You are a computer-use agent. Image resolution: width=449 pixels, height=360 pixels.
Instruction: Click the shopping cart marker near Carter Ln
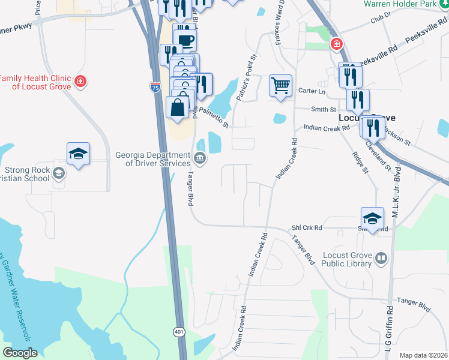280,86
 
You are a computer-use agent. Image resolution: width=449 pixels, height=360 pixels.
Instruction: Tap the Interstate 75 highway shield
155,87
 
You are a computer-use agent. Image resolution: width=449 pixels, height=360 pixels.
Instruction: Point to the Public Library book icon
381,259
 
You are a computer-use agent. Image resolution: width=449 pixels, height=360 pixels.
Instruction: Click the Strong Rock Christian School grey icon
59,173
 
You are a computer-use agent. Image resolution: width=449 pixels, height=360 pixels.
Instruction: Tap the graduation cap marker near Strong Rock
78,154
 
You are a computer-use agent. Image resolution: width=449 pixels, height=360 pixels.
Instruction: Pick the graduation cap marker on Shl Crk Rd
372,219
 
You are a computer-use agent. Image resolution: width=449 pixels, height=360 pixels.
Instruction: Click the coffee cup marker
185,40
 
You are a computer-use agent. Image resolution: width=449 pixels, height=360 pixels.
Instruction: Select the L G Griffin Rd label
390,327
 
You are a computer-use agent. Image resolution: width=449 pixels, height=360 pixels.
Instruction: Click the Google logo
20,353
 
